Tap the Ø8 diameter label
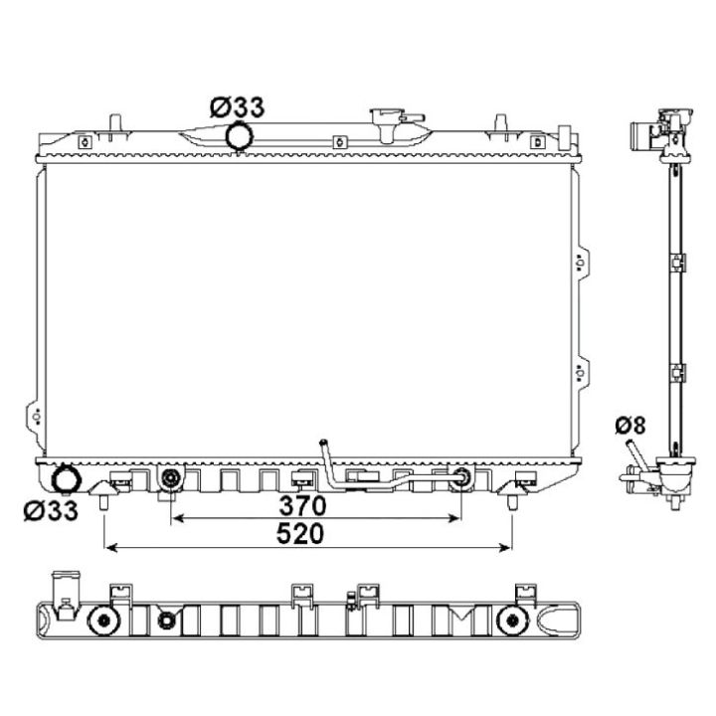[629, 426]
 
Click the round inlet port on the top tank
[239, 137]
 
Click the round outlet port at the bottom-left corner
[68, 480]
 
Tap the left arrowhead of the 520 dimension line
[110, 546]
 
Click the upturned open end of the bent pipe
[321, 443]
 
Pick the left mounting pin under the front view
[103, 501]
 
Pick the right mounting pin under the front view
[512, 501]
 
